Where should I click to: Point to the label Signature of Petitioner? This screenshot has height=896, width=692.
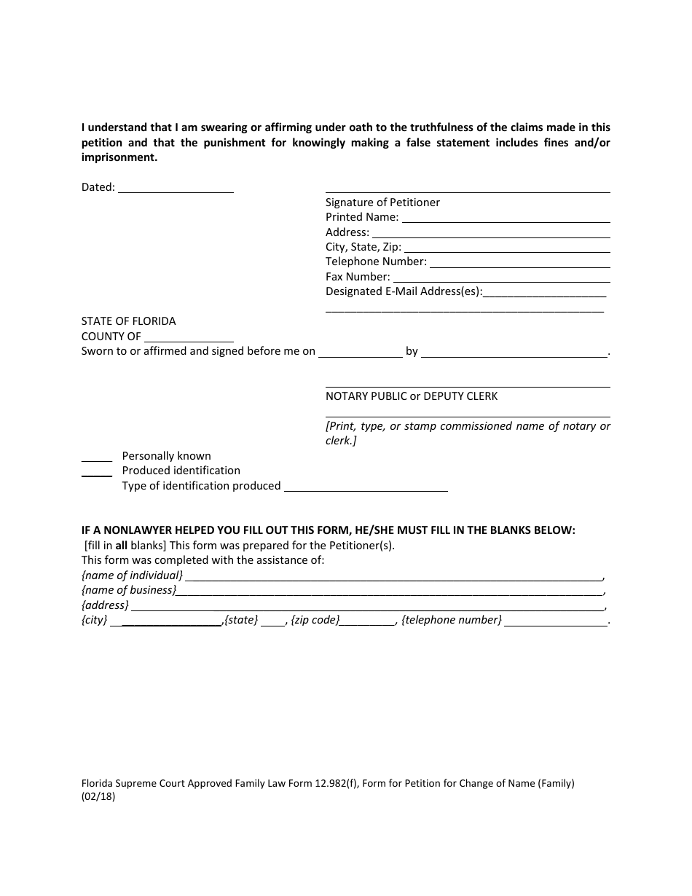[382, 203]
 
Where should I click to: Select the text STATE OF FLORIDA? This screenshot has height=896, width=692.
[128, 321]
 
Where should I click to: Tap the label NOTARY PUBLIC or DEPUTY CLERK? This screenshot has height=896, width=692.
[412, 396]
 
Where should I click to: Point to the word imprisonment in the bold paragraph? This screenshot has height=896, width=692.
[119, 157]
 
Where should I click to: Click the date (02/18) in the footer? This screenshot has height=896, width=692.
[98, 797]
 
